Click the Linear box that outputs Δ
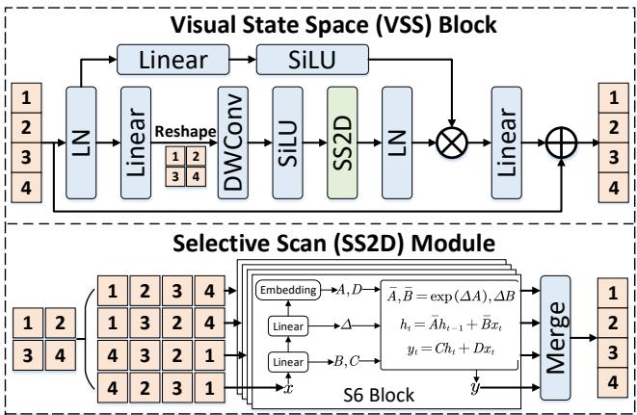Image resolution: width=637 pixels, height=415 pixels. pyautogui.click(x=282, y=326)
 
